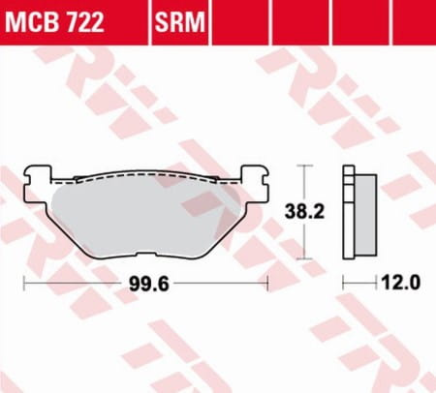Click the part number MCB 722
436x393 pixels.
click(54, 22)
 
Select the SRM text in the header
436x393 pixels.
click(180, 22)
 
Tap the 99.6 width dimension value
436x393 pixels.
click(149, 285)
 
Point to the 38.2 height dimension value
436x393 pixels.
click(304, 212)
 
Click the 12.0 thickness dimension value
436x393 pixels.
click(401, 283)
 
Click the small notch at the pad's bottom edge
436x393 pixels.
click(146, 255)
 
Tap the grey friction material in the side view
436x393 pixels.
click(365, 215)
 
